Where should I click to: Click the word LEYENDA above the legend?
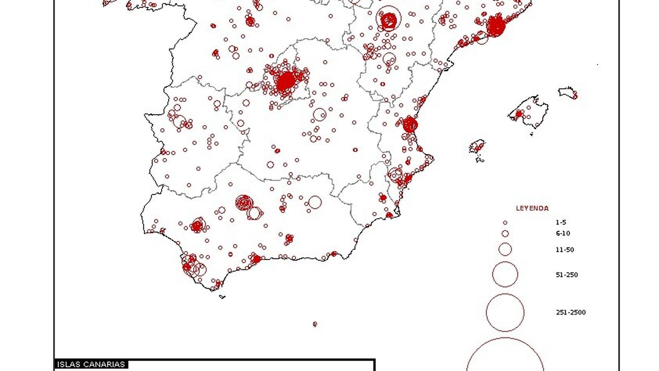[532, 209]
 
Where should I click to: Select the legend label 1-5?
[561, 222]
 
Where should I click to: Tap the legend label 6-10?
[563, 233]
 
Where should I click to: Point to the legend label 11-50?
[565, 250]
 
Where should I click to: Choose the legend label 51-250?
[567, 275]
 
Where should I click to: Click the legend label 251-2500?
[570, 312]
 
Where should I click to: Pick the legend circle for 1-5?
[505, 223]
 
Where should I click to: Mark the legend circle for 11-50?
[505, 249]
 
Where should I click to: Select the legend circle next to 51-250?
[505, 275]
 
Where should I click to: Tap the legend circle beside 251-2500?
[505, 312]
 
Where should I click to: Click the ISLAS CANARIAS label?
[91, 364]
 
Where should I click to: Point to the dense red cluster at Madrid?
[285, 81]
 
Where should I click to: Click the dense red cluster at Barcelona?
[495, 26]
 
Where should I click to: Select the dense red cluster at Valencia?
[410, 124]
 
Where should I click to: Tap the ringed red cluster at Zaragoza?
[388, 19]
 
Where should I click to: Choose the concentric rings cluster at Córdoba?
[244, 202]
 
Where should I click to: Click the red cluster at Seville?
[198, 225]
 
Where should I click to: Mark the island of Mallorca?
[530, 110]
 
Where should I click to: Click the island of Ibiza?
[477, 146]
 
